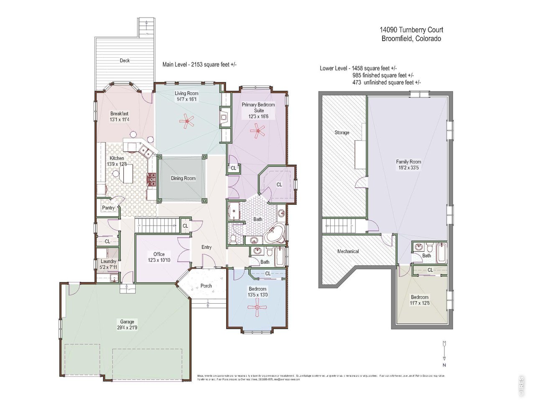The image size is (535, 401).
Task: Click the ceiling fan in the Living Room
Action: point(187,122)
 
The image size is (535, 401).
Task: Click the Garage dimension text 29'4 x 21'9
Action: point(127,328)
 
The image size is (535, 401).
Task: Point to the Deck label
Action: point(125,61)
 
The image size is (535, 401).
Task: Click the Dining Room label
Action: point(183,178)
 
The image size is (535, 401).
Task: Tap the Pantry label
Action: point(108,208)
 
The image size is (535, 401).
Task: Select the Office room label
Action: point(159,254)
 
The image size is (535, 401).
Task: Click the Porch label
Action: point(206,286)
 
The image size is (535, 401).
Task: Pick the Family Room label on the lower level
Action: point(408,162)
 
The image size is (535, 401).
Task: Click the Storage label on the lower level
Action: point(341,132)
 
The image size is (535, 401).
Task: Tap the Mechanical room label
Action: point(348,251)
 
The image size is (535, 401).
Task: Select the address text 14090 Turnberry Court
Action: point(411,30)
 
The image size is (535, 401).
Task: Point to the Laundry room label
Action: point(108,261)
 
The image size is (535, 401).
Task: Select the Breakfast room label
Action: point(119,114)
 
